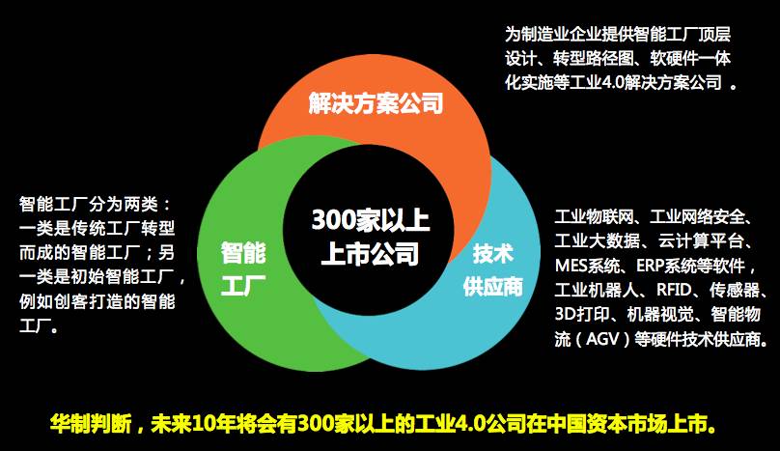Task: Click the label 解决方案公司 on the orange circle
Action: (x=376, y=103)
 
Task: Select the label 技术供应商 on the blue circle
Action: (x=492, y=270)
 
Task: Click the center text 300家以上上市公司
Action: (x=371, y=237)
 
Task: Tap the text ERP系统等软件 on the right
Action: (x=689, y=264)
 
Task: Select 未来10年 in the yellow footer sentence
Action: (x=198, y=423)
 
